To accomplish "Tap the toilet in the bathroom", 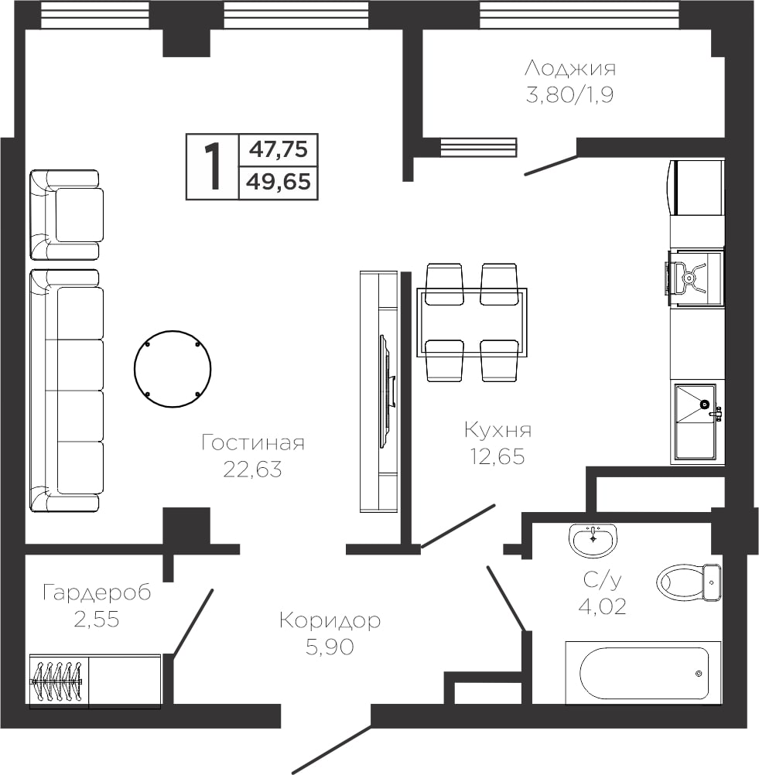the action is click(689, 582).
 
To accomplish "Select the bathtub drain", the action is click(699, 673).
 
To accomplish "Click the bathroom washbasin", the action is click(593, 540).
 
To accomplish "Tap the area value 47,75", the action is click(279, 149).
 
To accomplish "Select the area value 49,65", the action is click(279, 182).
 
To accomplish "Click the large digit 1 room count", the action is click(213, 166).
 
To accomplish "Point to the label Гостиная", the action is click(253, 443).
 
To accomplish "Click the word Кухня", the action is click(498, 431).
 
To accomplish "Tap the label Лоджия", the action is click(570, 69).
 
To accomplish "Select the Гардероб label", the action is click(97, 592).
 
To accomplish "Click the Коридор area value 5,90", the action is click(330, 647).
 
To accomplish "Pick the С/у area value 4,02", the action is click(602, 606).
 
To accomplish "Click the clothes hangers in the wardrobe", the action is click(56, 682).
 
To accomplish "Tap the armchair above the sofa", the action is click(65, 215).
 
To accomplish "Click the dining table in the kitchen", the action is click(472, 323).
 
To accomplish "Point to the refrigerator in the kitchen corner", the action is click(696, 187).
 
